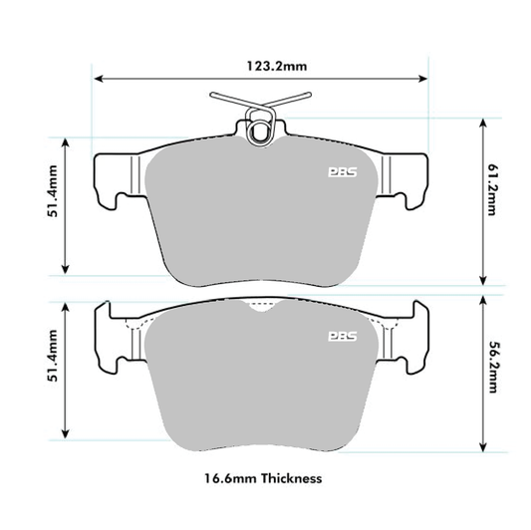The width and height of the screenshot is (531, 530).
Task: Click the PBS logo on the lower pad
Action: pos(341,337)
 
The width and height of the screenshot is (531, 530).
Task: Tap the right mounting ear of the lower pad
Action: pos(409,334)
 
